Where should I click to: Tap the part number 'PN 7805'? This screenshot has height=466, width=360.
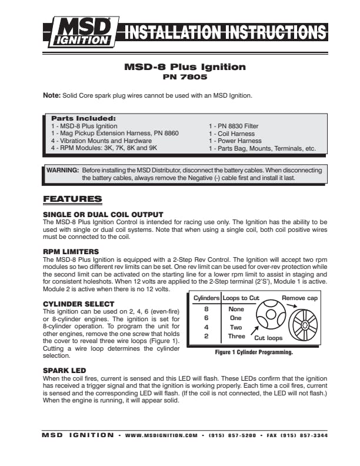click(x=185, y=76)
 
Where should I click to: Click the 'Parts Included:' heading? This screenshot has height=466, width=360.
click(x=84, y=118)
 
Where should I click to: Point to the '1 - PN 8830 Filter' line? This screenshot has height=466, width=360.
click(x=234, y=126)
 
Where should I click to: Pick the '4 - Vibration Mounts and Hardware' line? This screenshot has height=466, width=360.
click(x=98, y=141)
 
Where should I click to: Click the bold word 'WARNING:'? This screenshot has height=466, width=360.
click(x=63, y=170)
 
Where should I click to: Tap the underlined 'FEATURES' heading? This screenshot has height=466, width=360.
click(x=72, y=199)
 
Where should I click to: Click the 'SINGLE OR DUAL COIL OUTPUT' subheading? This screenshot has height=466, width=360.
click(x=103, y=214)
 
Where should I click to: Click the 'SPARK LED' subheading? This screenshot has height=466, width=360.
click(x=65, y=370)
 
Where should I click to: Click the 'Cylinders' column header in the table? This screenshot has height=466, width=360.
click(x=206, y=298)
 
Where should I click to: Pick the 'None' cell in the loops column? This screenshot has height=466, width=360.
click(x=236, y=308)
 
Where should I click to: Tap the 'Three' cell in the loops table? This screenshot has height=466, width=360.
click(x=236, y=336)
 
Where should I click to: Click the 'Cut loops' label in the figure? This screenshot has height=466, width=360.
click(x=268, y=338)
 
